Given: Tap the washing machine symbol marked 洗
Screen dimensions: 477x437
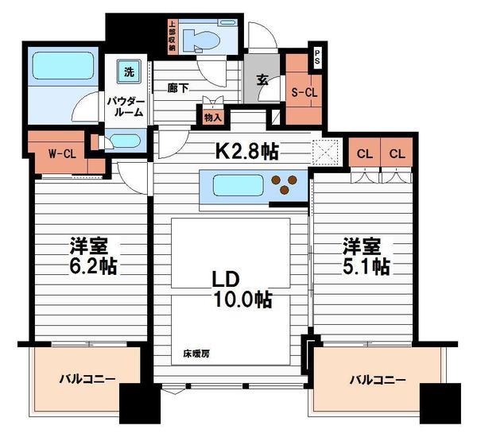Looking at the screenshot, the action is click(129, 72).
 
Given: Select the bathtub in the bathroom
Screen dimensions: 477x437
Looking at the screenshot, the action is click(63, 66).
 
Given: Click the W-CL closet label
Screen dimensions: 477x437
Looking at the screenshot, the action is click(62, 154).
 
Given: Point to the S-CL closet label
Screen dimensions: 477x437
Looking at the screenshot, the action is click(304, 92).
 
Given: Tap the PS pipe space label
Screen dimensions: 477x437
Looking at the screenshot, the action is click(317, 57).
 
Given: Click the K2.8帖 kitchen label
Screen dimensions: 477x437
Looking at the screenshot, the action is click(246, 150).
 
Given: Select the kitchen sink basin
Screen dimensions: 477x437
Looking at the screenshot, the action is click(238, 185).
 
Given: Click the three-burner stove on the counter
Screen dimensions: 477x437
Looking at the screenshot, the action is click(285, 184).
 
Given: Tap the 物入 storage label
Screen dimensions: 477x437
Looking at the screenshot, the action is click(212, 117).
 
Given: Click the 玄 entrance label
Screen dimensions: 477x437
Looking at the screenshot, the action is click(262, 80).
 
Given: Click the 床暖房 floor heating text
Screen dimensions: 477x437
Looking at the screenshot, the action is click(196, 354).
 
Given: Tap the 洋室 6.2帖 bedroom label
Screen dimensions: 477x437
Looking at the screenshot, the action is click(93, 256).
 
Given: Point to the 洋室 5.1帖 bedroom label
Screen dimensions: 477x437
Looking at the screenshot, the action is click(366, 256).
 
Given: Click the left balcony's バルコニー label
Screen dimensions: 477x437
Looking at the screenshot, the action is click(87, 379).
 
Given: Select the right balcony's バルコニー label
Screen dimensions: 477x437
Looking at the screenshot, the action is click(378, 380).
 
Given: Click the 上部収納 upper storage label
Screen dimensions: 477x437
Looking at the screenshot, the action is click(173, 36).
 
